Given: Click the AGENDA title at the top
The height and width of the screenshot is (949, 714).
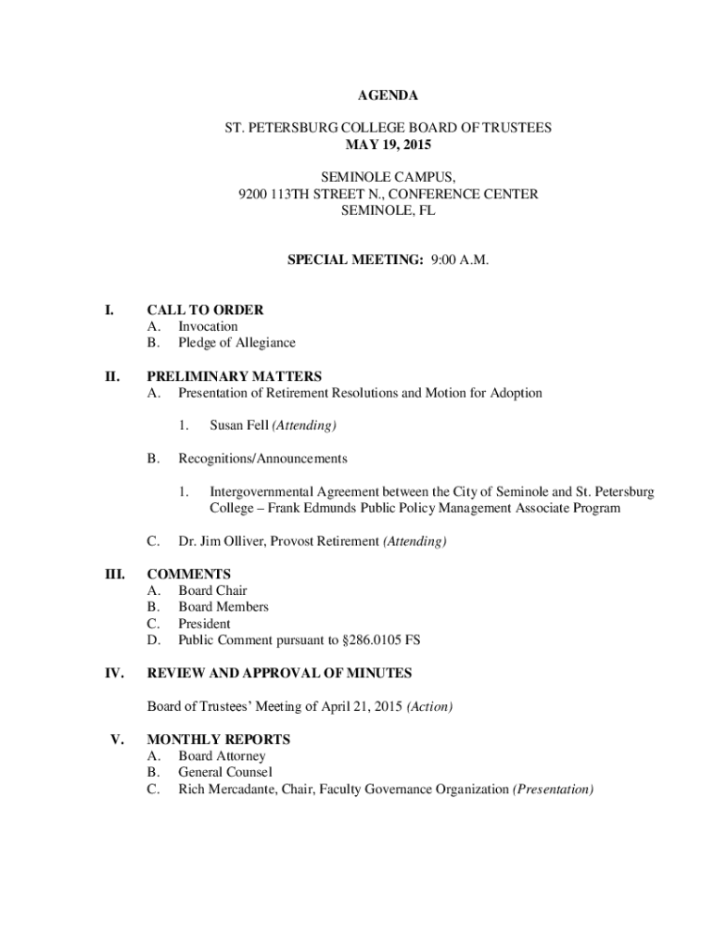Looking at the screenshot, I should pyautogui.click(x=389, y=95).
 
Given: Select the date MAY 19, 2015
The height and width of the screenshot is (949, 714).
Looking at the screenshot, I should pyautogui.click(x=389, y=145).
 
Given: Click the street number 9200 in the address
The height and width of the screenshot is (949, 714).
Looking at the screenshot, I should pyautogui.click(x=253, y=194).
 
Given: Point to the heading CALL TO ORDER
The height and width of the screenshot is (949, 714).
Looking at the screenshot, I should pyautogui.click(x=205, y=310).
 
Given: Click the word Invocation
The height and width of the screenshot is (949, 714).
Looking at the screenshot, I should pyautogui.click(x=208, y=326).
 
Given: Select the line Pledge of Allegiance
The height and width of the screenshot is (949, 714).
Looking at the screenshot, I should pyautogui.click(x=236, y=343).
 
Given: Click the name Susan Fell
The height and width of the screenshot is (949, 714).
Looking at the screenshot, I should pyautogui.click(x=239, y=425).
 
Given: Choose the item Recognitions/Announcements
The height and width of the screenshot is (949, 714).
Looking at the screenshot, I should pyautogui.click(x=262, y=459).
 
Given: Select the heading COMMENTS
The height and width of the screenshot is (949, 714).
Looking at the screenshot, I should pyautogui.click(x=189, y=575).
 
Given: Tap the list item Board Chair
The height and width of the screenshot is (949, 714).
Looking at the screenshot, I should pyautogui.click(x=212, y=590).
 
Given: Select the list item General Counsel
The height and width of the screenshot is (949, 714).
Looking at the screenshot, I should pyautogui.click(x=225, y=772).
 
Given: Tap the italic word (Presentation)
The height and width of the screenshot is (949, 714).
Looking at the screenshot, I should pyautogui.click(x=553, y=790).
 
